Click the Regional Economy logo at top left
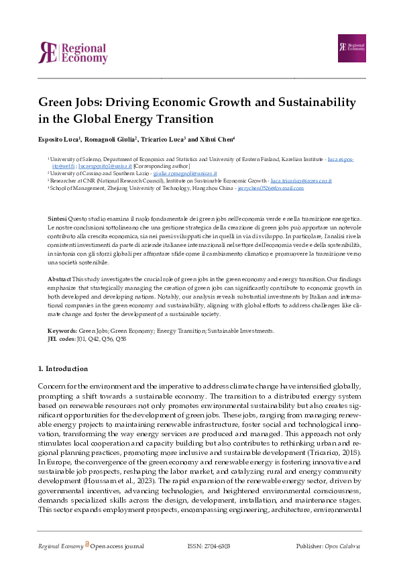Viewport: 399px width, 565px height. [x=72, y=53]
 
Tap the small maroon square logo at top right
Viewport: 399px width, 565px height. [x=351, y=48]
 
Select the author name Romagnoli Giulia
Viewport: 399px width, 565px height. [x=111, y=140]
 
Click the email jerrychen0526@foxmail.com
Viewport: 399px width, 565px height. [x=270, y=189]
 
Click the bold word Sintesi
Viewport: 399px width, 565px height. [x=57, y=219]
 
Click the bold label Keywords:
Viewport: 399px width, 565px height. [x=62, y=331]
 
